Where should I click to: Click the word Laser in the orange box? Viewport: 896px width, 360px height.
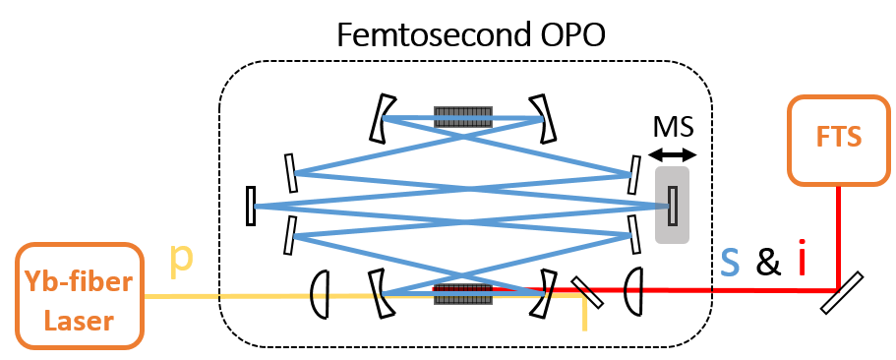[81, 320]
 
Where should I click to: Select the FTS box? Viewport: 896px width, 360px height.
[839, 139]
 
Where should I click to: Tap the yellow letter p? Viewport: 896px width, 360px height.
[181, 258]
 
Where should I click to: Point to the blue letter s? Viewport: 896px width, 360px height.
[729, 261]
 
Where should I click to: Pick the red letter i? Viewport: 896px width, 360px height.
[802, 261]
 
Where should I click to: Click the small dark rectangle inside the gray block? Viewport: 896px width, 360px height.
[673, 205]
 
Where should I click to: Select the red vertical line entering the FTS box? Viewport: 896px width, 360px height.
[838, 236]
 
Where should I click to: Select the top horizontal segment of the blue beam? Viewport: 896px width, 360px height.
[462, 118]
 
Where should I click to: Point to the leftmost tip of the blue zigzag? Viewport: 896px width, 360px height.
[257, 207]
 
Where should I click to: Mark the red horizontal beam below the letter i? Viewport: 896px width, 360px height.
[767, 290]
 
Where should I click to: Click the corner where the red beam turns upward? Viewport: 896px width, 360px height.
[837, 290]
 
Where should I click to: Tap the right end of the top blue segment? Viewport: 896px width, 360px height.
[541, 118]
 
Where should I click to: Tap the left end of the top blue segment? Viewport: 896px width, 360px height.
[384, 118]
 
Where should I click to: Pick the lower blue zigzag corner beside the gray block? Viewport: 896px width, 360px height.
[628, 235]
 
